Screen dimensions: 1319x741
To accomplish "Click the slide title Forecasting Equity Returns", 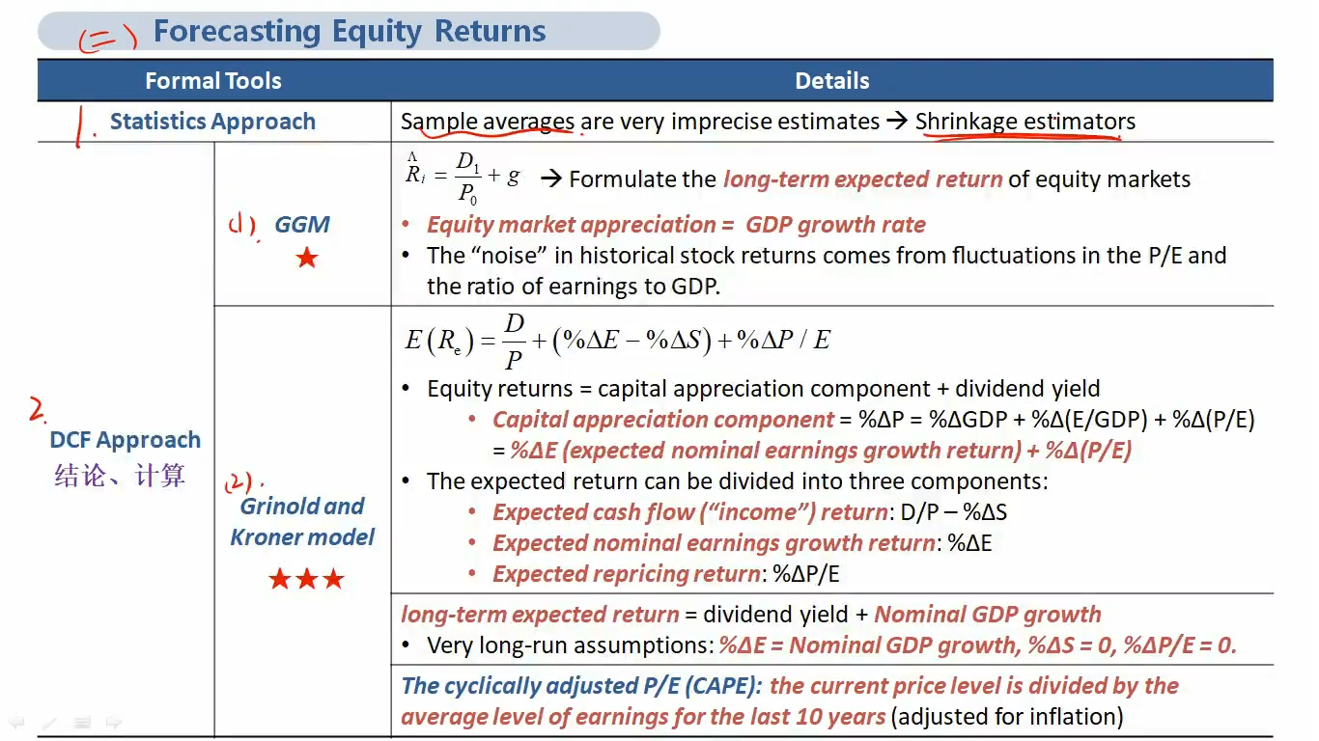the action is coord(350,31).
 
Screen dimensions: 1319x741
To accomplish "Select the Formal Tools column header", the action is coord(213,81).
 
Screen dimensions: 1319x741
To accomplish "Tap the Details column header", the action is coord(832,81).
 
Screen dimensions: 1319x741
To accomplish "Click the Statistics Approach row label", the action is coord(212,122).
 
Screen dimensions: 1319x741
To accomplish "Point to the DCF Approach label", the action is coord(125,440).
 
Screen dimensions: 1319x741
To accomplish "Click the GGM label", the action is coord(302,224).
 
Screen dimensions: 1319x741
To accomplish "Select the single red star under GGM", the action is coord(307,258).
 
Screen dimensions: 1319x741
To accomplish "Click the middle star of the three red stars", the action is coord(307,579).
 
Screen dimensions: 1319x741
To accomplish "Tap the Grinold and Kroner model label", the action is coord(302,521).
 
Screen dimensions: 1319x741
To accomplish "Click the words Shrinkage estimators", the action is coord(1025,122).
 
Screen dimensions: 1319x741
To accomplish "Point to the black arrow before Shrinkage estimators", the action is coord(897,121).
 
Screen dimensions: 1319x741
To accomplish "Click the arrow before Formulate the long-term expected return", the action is coord(551,178).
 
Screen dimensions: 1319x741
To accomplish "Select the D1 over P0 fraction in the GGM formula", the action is coord(468,178).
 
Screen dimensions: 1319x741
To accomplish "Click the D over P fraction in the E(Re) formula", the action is coord(514,342).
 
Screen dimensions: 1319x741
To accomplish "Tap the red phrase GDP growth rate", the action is coord(835,225).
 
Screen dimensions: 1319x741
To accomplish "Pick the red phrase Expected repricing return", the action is coord(627,574).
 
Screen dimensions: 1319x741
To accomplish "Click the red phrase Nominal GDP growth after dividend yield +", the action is coord(988,615).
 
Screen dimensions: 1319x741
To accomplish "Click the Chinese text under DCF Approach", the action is coord(120,475).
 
